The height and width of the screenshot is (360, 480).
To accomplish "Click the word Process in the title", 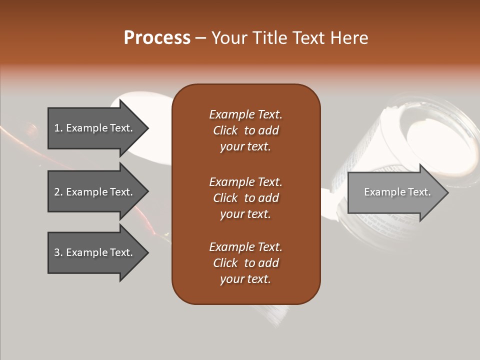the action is coord(157,38).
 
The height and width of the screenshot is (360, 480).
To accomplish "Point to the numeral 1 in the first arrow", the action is coord(57,128).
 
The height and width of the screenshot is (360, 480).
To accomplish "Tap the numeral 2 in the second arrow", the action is coord(57,192).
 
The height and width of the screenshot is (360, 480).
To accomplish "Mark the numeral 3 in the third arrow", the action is coord(57,252).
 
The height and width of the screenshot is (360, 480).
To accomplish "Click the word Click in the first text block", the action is coord(225,130).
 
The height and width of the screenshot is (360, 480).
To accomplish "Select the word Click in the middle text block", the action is coord(225,198).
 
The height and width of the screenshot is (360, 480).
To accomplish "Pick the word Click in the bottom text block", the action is coord(225,263).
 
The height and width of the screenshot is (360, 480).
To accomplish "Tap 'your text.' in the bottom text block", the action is coord(245,279).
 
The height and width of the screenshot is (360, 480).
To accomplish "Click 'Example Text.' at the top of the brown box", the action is coord(245,114).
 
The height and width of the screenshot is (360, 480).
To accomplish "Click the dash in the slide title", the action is coord(200,38).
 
